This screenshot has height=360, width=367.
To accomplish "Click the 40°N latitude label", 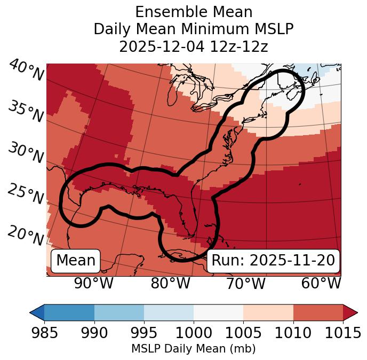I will pos(26,70).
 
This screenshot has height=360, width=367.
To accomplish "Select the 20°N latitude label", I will pos(26,235).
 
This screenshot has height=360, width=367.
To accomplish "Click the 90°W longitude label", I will pos(94,284).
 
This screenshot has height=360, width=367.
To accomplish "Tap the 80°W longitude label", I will pos(170,284).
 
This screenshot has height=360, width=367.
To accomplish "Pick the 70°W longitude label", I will pos(245,284).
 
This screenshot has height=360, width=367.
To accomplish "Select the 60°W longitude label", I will pos(321,284).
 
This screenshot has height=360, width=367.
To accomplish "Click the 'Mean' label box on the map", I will pos(76,261).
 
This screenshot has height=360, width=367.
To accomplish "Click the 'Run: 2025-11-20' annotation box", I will pos(273,261).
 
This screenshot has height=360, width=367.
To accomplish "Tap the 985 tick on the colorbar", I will pos(44,333).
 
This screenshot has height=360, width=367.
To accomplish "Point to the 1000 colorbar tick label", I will pos(194,333).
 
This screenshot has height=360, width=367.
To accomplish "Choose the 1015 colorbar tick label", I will pos(342,333).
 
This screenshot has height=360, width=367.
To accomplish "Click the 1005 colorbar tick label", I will pos(243,333).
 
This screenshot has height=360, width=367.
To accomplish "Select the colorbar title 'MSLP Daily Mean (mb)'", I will pos(193,349).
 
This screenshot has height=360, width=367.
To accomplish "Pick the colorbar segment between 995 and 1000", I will pos(169,312).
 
